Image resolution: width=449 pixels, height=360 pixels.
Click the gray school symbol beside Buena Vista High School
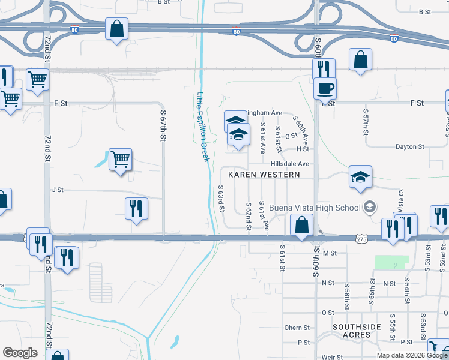[x=370, y=208]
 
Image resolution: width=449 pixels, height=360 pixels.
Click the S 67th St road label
[x=163, y=125]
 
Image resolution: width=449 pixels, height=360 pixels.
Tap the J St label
[x=58, y=190]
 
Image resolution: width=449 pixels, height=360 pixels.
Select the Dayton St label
[x=410, y=146]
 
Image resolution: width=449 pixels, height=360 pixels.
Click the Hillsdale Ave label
[x=289, y=163]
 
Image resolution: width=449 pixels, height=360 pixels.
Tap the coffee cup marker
[x=325, y=88]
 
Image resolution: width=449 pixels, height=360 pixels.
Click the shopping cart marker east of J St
[x=120, y=159]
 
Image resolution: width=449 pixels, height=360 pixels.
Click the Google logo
[x=20, y=353]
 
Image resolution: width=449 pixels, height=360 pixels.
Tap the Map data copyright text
[x=412, y=355]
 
